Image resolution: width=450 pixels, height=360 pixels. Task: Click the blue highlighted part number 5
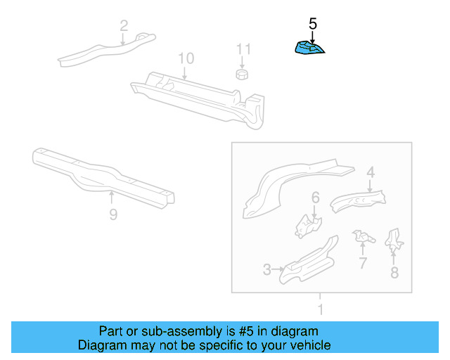click(x=310, y=48)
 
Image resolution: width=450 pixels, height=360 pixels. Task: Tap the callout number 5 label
click(x=313, y=24)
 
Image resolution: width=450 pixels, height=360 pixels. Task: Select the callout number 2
click(x=124, y=27)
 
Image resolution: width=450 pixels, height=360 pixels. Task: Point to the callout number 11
click(x=243, y=49)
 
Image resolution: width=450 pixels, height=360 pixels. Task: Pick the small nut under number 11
click(x=242, y=74)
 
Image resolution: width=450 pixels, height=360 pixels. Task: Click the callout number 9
click(x=113, y=214)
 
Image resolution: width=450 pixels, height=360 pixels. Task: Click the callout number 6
click(x=316, y=198)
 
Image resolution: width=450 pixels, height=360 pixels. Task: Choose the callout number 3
click(x=267, y=269)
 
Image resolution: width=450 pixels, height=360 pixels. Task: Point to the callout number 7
click(x=363, y=263)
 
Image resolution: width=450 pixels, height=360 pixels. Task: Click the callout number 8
click(x=394, y=272)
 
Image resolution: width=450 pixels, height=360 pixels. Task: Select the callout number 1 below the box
click(x=321, y=309)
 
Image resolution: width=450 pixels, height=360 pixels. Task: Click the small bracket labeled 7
click(x=363, y=237)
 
